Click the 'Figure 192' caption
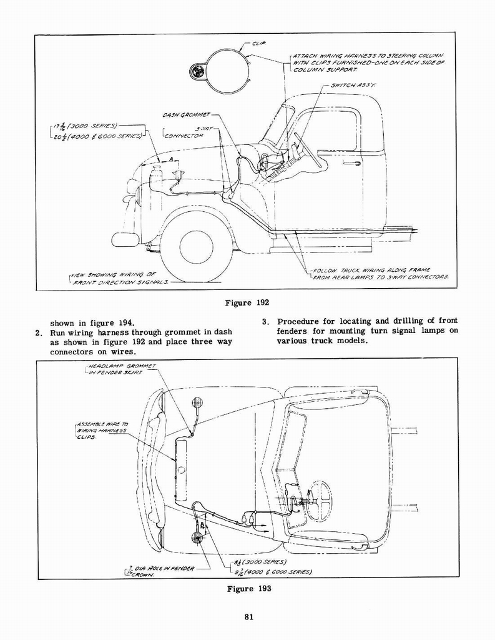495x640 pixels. coord(247,302)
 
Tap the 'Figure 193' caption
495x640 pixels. coord(247,589)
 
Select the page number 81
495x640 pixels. coord(248,618)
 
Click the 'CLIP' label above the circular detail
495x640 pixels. coord(258,43)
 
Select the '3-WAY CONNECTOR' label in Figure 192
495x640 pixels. coord(185,132)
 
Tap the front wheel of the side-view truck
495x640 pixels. coord(196,246)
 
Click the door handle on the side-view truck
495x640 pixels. coord(352,163)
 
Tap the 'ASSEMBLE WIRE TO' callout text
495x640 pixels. coord(102,423)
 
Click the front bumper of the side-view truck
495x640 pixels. coord(125,239)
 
